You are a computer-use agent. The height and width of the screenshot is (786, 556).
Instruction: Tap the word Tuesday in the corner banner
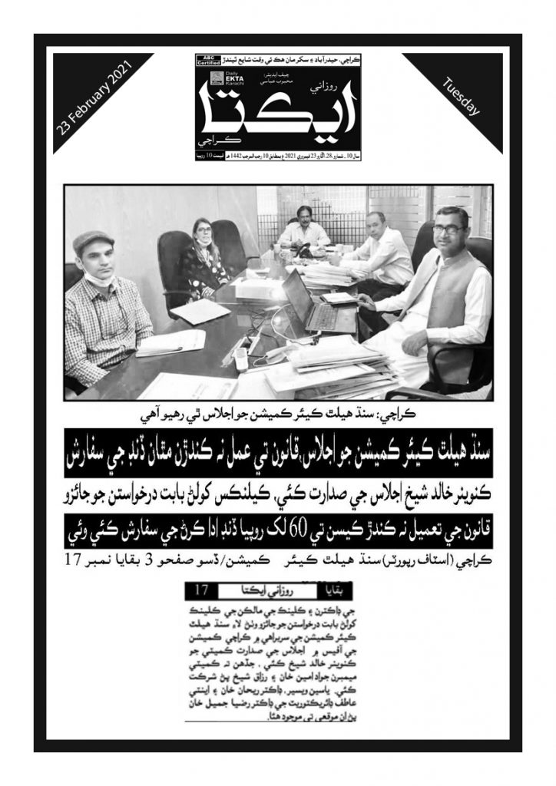click(x=462, y=97)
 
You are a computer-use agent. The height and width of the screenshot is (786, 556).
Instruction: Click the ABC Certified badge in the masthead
click(x=207, y=61)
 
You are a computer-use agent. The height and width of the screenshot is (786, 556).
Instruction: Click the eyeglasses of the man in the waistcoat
click(x=450, y=229)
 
